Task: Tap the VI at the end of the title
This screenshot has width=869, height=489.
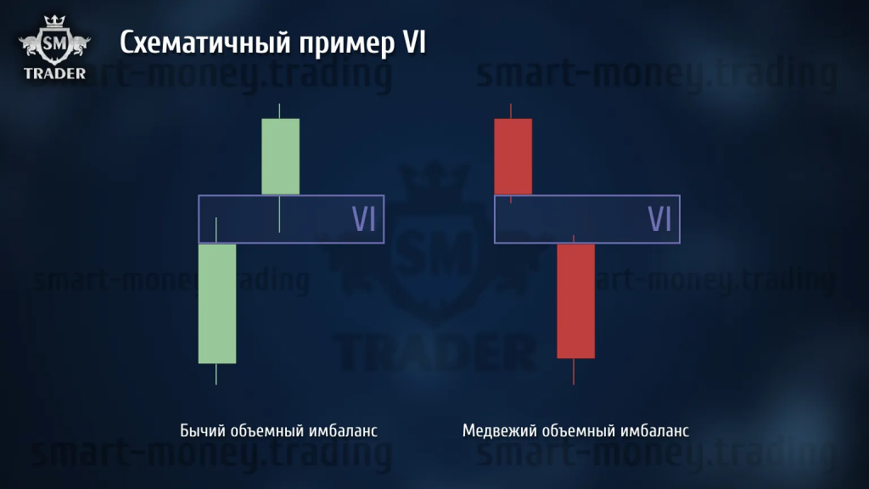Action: coord(414,42)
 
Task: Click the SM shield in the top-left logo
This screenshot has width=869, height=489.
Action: coord(54,43)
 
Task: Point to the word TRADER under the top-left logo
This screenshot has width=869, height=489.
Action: coord(54,74)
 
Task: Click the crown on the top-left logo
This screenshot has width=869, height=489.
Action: coord(54,21)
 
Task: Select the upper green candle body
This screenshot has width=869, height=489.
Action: coord(280,156)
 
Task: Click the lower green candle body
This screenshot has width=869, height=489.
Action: coord(217,304)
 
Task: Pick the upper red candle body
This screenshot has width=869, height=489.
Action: coord(513,156)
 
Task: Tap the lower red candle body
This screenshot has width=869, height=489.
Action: coord(576,301)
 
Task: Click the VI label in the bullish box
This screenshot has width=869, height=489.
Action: coord(363,219)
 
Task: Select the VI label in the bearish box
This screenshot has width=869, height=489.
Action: coord(659,219)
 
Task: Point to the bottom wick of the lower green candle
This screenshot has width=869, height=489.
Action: coord(216,374)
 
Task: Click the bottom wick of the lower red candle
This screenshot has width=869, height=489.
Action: coord(574,372)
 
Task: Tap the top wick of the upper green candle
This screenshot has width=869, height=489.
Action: coord(279,111)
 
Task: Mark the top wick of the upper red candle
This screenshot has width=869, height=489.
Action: coord(510,111)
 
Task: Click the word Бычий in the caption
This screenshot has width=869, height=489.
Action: coord(199,430)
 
